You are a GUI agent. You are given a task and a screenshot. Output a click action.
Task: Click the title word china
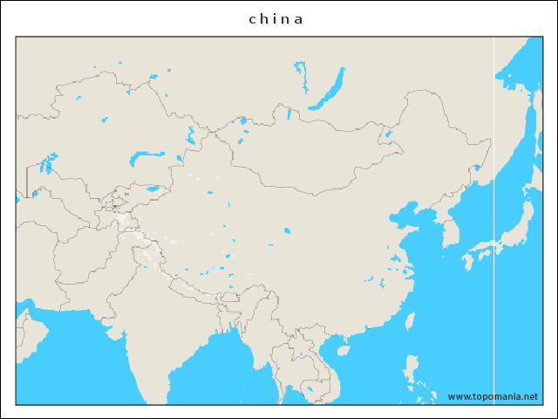point(276,18)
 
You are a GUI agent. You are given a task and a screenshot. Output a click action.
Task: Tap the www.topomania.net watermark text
point(493,396)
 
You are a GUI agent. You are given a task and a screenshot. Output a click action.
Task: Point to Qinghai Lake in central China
point(287,230)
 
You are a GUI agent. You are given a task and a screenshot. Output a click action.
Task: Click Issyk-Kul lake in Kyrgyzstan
point(153,187)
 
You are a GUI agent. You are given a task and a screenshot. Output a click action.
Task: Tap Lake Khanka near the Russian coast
point(477,167)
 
